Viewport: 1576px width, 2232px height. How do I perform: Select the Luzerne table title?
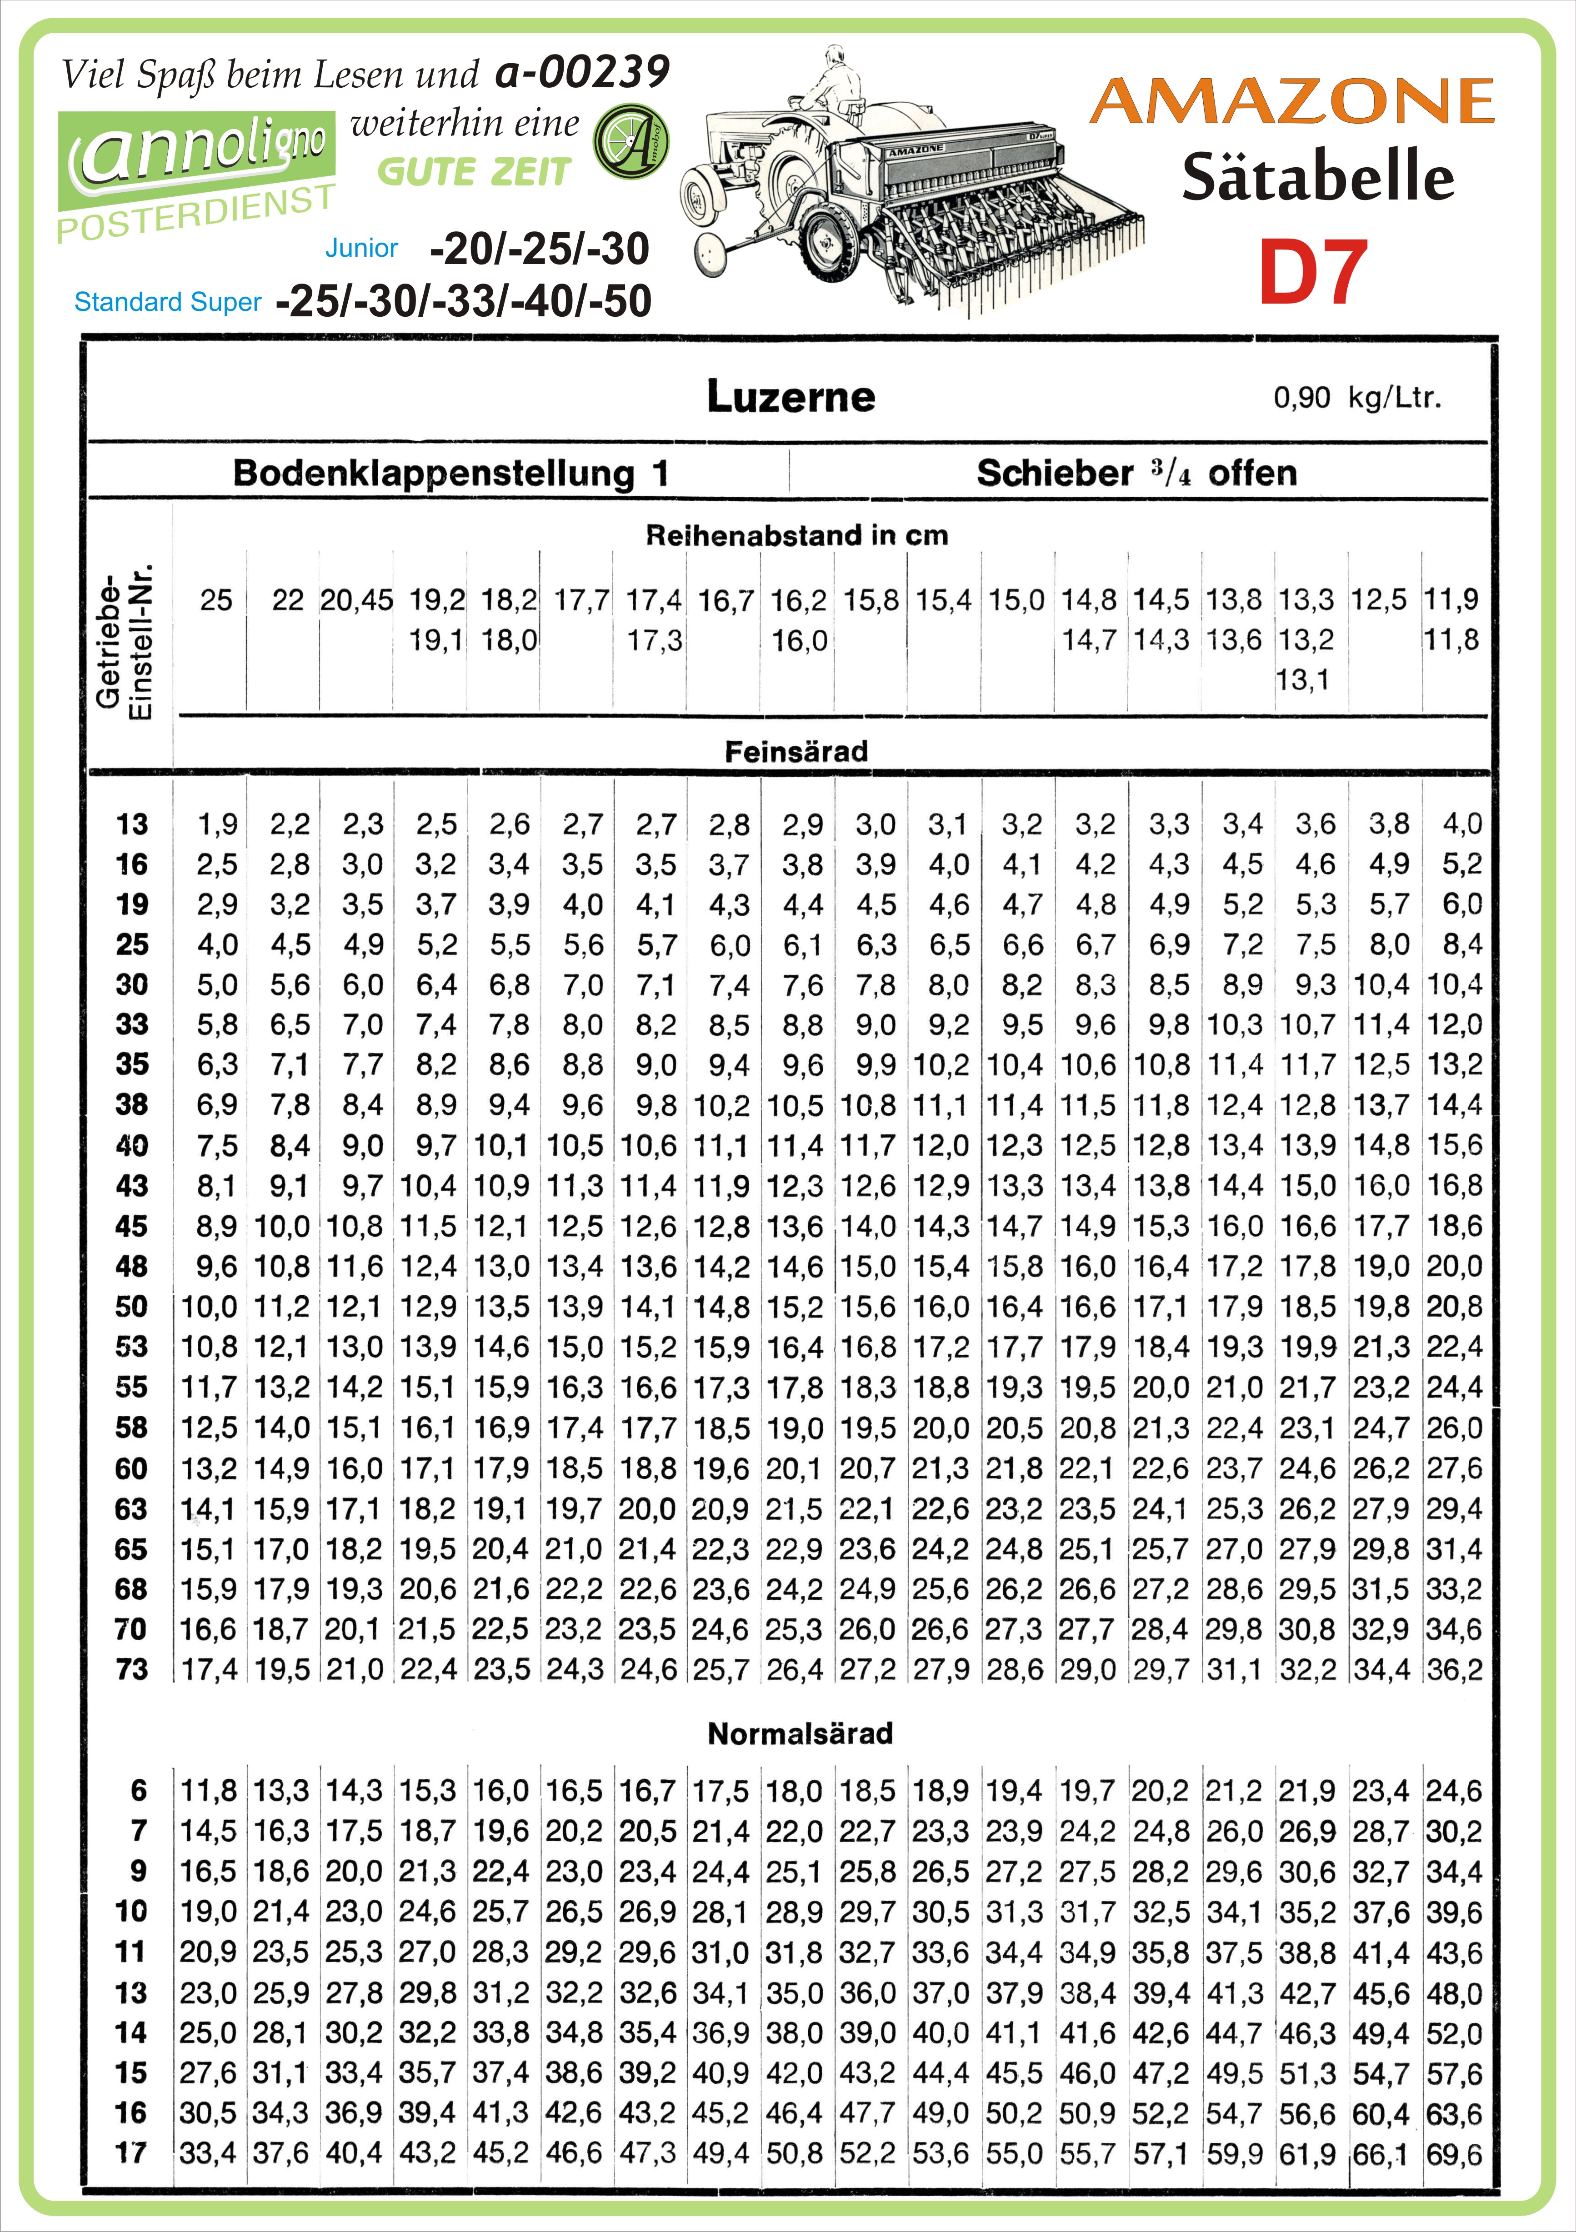tap(791, 397)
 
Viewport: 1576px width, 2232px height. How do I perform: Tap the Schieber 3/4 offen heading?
tap(1136, 474)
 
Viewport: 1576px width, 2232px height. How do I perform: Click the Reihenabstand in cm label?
tap(796, 534)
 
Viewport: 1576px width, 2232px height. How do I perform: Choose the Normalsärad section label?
tap(799, 1733)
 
